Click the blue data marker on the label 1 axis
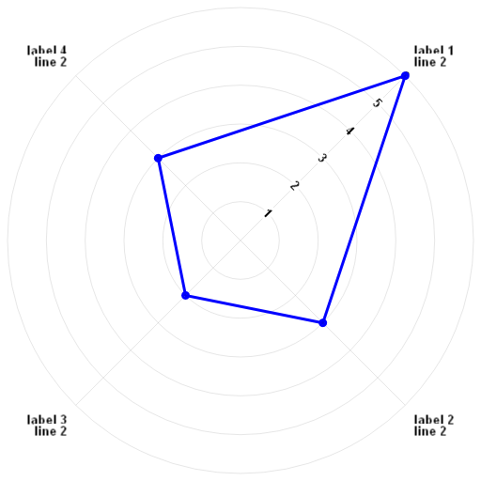click(x=405, y=76)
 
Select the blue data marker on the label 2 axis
click(x=322, y=322)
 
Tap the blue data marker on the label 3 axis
click(x=186, y=295)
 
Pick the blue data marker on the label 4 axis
click(x=159, y=158)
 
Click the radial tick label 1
click(x=268, y=213)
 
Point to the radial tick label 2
click(x=295, y=186)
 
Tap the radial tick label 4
click(x=349, y=132)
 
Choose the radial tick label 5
click(x=377, y=103)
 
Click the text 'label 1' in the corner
click(x=434, y=51)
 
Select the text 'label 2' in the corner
click(x=434, y=420)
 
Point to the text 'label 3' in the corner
click(x=47, y=420)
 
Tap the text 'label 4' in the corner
click(x=47, y=51)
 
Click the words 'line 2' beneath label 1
click(x=430, y=62)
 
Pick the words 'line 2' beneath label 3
click(x=51, y=431)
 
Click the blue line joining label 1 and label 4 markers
click(x=282, y=117)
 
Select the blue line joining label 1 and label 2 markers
click(x=364, y=199)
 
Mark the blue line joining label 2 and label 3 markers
click(x=255, y=309)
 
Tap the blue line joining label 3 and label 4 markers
click(x=172, y=226)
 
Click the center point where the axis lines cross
click(x=240, y=240)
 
